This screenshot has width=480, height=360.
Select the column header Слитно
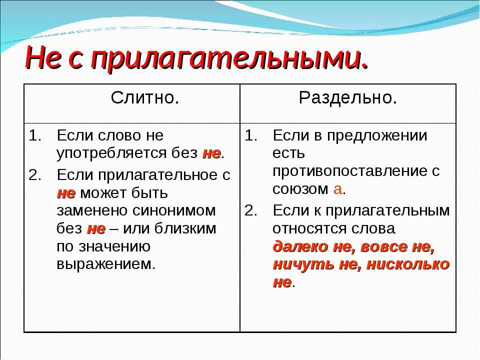tap(145, 98)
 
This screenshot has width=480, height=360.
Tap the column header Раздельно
tap(348, 98)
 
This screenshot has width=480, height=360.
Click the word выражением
tap(106, 264)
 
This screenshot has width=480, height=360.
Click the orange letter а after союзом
tap(337, 189)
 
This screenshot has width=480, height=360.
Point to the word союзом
tap(300, 189)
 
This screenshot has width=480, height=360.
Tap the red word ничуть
tap(303, 264)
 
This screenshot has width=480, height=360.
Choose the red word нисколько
tap(408, 264)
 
